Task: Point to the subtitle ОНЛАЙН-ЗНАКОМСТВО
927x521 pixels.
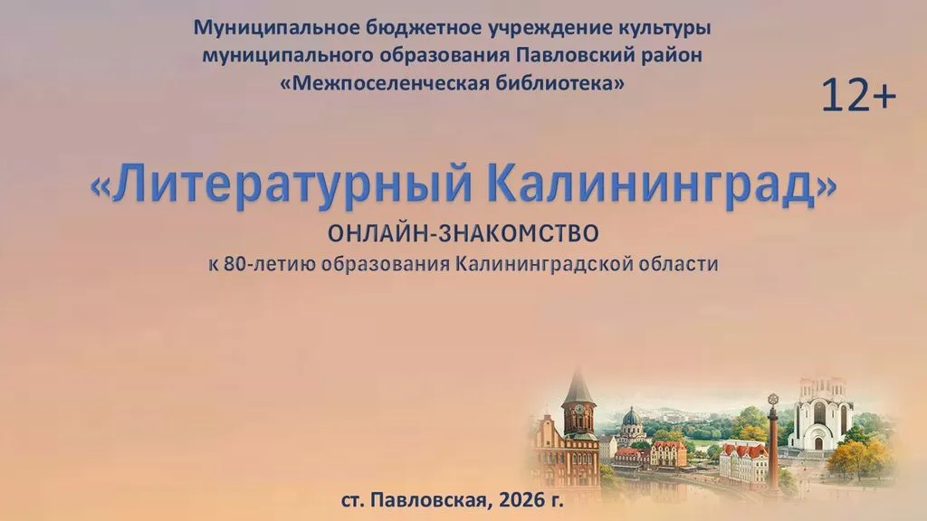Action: [463, 234]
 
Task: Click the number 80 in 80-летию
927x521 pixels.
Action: [234, 263]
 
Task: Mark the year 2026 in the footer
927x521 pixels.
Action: [522, 500]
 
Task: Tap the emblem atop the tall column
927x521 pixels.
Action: [772, 399]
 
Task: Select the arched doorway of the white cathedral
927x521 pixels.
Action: [818, 442]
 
